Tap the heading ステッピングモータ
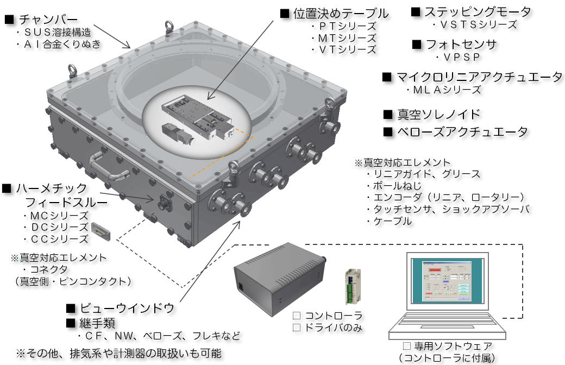(478, 12)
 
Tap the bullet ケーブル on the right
(389, 221)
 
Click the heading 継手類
(98, 323)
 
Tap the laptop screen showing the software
(446, 281)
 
